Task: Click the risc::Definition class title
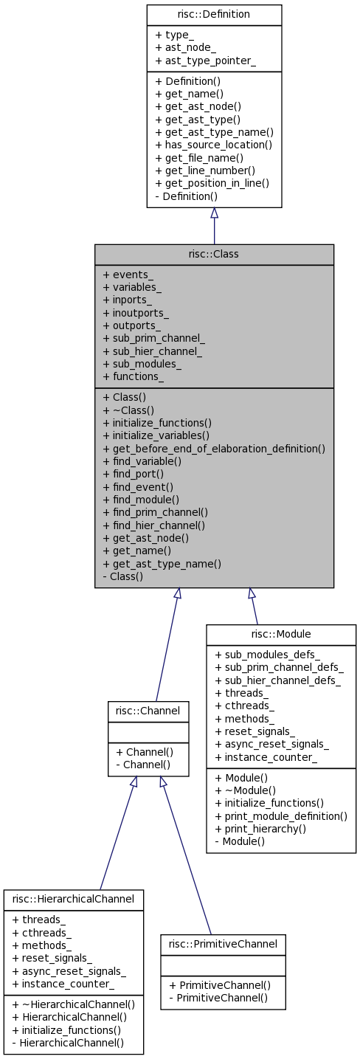[x=214, y=15]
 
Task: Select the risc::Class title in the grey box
[x=214, y=255]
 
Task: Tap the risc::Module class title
[x=281, y=634]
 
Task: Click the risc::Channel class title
[x=148, y=711]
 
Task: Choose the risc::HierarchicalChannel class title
[x=74, y=899]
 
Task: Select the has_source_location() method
[x=213, y=145]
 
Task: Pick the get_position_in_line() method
[x=212, y=183]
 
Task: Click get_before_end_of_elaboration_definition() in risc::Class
[x=214, y=448]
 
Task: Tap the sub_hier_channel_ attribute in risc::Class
[x=153, y=351]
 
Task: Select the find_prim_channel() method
[x=155, y=511]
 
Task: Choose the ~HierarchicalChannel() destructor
[x=74, y=1004]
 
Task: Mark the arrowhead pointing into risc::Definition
[x=214, y=213]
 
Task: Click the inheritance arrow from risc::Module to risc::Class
[x=255, y=609]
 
